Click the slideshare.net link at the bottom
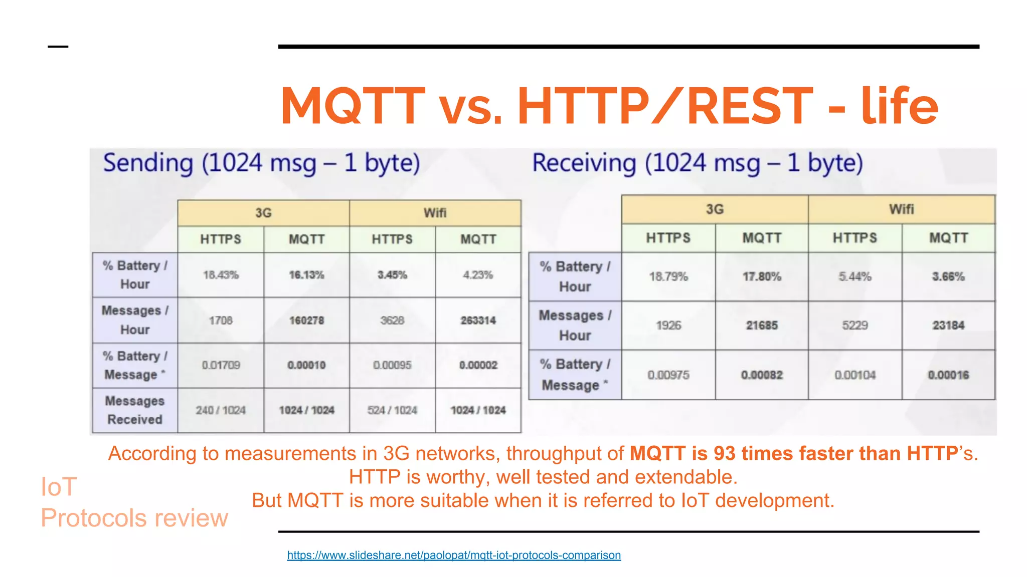point(454,555)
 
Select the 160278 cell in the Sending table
point(306,320)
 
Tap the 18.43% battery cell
point(221,275)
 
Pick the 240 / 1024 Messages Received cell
point(221,410)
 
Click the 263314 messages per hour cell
point(478,320)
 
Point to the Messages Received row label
point(135,410)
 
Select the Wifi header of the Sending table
point(435,213)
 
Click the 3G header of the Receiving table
point(715,209)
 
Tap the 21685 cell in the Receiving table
point(762,325)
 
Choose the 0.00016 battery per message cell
point(948,375)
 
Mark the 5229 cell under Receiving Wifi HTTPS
point(855,325)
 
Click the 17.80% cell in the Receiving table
point(762,276)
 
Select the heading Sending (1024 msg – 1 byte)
point(261,163)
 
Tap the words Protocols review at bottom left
point(134,518)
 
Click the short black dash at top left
point(58,47)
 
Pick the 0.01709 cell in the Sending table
point(221,365)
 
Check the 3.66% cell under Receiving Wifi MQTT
point(948,276)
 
